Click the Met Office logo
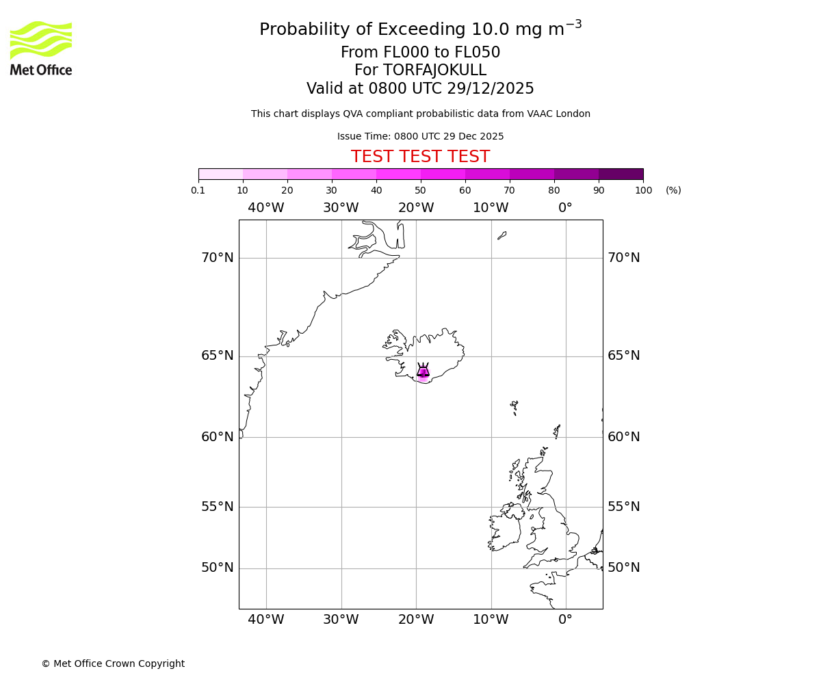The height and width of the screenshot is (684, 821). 41,48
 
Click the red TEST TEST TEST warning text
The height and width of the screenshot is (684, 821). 420,157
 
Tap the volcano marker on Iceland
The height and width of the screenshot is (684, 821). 423,371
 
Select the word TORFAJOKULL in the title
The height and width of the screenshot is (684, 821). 434,70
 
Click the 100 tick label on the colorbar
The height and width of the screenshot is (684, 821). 643,190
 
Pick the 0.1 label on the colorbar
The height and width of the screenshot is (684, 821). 198,190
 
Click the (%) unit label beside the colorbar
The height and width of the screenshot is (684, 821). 673,190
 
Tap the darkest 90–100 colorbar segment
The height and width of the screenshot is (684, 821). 621,174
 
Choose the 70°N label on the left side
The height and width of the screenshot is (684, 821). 218,258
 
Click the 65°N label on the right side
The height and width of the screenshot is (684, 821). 624,356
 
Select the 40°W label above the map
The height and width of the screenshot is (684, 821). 266,208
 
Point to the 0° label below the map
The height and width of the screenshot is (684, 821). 565,620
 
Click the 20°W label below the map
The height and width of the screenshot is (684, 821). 416,620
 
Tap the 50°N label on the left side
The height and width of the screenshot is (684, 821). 218,568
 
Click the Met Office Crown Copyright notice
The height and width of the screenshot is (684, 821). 113,663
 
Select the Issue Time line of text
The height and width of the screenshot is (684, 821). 420,136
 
